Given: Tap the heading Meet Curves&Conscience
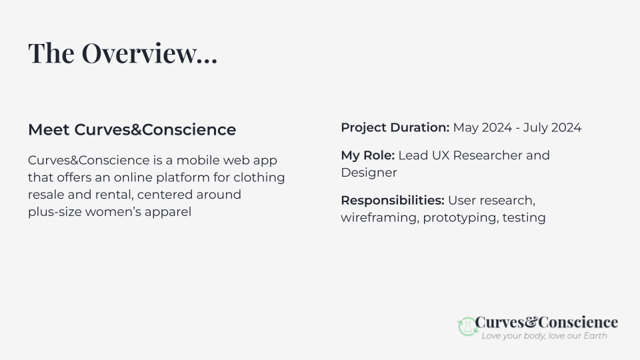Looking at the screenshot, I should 132,129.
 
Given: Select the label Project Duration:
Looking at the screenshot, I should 395,127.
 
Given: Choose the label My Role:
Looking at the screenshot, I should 368,155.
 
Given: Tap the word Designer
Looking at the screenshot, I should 369,173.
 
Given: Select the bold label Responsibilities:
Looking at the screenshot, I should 393,200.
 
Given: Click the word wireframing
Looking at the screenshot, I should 379,217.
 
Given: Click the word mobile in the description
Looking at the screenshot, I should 197,161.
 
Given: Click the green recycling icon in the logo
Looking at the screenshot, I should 466,326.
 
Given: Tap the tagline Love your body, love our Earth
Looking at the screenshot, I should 544,336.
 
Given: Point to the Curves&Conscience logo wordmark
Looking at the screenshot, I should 547,323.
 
